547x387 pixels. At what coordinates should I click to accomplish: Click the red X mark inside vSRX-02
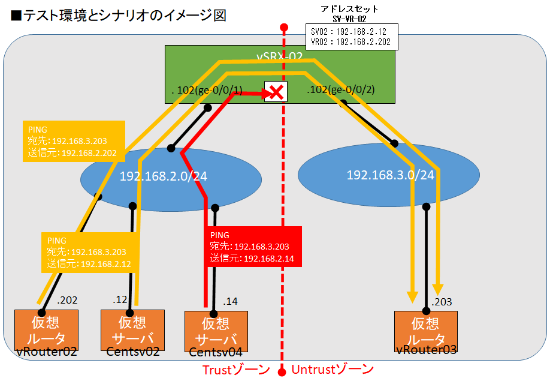tap(276, 92)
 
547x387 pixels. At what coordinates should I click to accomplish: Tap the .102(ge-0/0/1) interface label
tap(207, 91)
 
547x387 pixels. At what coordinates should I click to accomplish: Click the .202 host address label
tap(67, 300)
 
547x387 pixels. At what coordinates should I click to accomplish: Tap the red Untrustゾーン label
tap(333, 370)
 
